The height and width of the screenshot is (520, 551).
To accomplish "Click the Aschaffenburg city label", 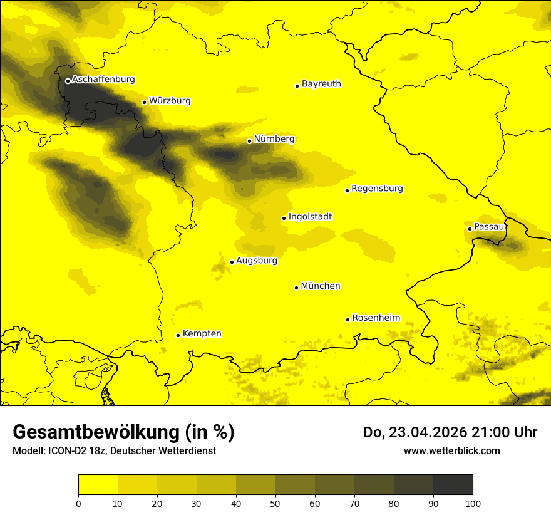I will coord(103,80).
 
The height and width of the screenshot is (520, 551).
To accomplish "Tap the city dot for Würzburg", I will coord(144,102).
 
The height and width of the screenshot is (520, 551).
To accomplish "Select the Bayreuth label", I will coord(321,83).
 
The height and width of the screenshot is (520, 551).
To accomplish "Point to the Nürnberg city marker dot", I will coord(249,141).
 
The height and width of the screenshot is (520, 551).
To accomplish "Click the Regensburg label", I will coord(377,189).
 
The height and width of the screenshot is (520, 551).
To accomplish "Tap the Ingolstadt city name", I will coord(310,217).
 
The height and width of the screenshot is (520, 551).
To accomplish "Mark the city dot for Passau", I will coord(470,229).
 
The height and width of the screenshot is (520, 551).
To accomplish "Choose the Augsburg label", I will coord(257,261).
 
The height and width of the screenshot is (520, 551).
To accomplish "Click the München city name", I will coord(321,286).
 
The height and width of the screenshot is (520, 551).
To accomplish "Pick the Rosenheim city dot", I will coord(348,320).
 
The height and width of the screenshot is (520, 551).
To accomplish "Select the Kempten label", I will coord(202,333).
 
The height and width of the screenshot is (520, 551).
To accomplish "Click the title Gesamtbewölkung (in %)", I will coord(123,432).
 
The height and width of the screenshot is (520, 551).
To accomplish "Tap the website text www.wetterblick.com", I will coord(451,450).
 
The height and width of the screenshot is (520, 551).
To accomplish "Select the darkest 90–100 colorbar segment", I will coord(453,485).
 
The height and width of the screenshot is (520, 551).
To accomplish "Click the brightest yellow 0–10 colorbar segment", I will coord(98,485).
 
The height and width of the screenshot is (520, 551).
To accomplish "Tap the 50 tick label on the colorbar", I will coord(275,503).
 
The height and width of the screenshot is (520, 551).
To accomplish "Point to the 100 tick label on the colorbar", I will coord(472,503).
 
